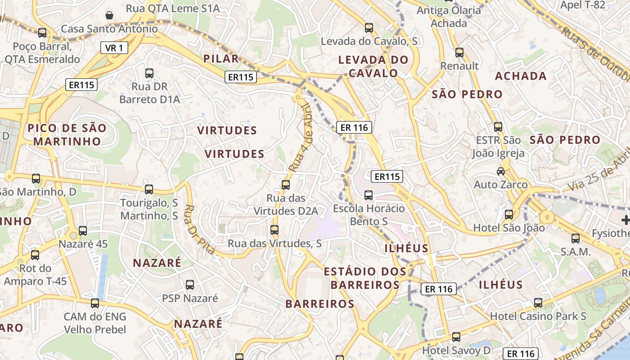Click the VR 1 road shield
(114, 48)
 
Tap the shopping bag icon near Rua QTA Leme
(109, 15)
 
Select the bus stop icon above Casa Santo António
(42, 32)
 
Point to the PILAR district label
(221, 58)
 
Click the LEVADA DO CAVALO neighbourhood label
(373, 66)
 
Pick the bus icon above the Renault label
(459, 53)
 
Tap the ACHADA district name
(521, 76)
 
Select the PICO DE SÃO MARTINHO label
(67, 135)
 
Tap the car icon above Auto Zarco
(500, 171)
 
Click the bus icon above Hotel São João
(508, 215)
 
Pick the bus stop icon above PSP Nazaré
(190, 284)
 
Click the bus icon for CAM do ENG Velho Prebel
(94, 303)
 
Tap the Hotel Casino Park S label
(538, 316)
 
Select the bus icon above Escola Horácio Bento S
(368, 195)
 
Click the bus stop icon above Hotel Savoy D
(456, 337)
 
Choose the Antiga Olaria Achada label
(449, 17)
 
